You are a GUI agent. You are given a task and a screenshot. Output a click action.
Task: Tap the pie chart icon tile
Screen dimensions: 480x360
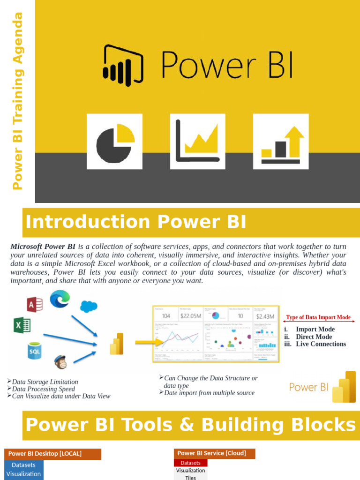115,141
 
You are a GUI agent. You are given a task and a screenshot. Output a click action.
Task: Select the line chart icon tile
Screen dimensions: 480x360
198,141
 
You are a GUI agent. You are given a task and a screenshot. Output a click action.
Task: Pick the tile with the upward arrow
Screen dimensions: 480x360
281,141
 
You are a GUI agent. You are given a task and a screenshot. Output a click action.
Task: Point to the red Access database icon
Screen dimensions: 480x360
35,305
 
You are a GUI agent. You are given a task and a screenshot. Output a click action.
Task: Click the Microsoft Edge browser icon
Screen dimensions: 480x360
60,299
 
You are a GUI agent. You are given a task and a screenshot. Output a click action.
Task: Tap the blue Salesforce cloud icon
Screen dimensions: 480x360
88,306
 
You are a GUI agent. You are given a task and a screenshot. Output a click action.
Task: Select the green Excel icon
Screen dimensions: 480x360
22,325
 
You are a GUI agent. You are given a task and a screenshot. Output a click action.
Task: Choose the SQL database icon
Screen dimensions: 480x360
34,350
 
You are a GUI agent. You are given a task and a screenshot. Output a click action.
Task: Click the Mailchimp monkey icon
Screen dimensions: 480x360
60,361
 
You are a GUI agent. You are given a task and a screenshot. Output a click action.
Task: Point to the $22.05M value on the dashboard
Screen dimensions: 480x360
191,315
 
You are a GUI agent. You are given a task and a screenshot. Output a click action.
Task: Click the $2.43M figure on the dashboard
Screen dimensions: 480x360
265,315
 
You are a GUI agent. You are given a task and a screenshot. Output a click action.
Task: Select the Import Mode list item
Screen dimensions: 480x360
315,329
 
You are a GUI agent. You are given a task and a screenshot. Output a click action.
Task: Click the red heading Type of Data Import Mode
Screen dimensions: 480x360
318,317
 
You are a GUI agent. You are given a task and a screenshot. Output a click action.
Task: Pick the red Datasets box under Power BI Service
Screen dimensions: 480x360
190,463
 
